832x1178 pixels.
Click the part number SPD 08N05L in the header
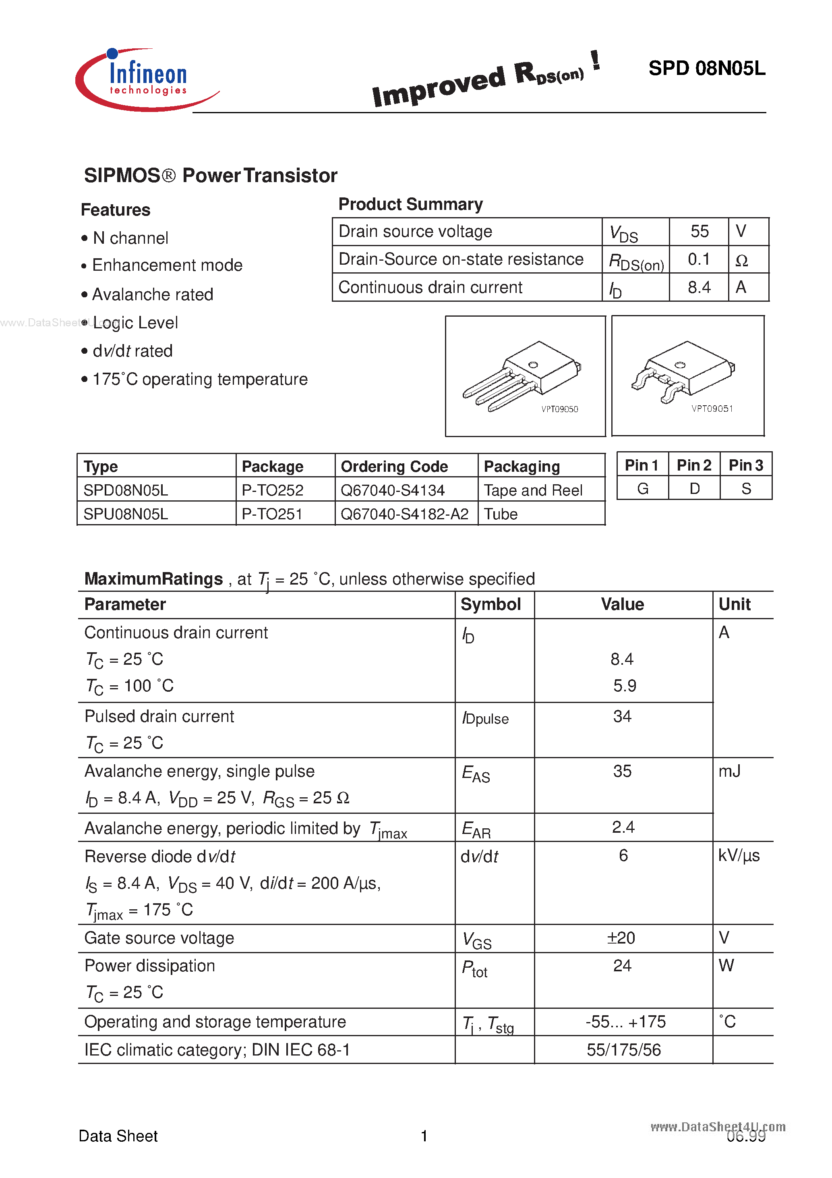coord(706,68)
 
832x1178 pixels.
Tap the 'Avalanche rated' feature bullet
coord(152,294)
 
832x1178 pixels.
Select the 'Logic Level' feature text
coord(135,323)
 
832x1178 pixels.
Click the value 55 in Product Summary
coord(699,231)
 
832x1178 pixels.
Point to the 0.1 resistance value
coord(699,259)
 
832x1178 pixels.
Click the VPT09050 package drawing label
coord(560,409)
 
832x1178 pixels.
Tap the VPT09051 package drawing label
coord(712,409)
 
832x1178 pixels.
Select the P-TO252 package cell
coord(272,490)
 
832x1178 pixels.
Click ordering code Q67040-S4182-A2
coord(404,514)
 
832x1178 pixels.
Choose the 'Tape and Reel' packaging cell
coord(533,490)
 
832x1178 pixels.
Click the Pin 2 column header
coord(693,465)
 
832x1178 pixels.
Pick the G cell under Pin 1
coord(642,488)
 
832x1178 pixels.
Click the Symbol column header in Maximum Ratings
coord(491,604)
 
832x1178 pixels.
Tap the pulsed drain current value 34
coord(622,716)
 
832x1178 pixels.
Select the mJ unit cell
coord(729,771)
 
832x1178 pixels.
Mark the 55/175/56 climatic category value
coord(624,1050)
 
